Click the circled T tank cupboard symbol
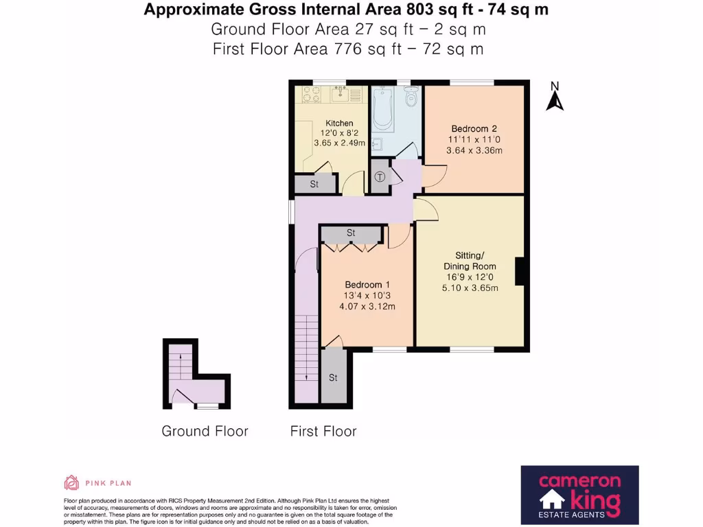point(380,177)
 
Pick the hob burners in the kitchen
point(308,94)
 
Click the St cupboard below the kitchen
point(314,185)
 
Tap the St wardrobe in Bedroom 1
point(351,234)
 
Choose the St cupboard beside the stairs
point(334,377)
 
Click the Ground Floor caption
point(205,432)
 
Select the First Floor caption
point(323,432)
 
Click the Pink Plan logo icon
point(71,482)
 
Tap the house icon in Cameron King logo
point(551,502)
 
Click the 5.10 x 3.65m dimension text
point(470,288)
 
